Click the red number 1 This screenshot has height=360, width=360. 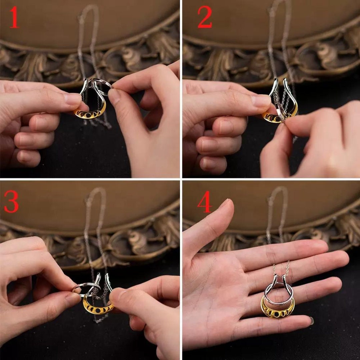pos(14,17)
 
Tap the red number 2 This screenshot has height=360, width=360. pos(205,17)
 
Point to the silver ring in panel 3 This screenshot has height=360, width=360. pos(86,287)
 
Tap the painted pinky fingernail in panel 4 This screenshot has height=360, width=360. pos(312,321)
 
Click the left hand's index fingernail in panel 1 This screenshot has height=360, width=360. pos(71,98)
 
